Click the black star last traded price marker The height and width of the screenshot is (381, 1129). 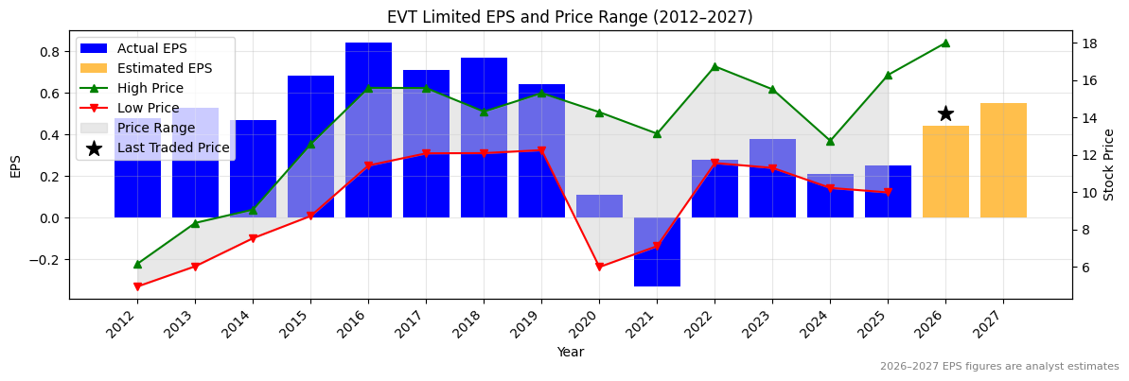coord(945,113)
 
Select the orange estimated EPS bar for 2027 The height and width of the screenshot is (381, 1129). coord(1003,161)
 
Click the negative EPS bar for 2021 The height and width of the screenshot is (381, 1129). coord(657,251)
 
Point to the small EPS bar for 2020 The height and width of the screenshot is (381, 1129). coord(599,206)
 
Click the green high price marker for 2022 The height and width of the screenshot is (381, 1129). coord(714,67)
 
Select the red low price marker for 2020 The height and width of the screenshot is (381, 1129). coord(599,268)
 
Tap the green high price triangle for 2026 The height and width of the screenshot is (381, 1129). coord(945,43)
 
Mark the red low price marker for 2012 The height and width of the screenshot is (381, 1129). coord(137,286)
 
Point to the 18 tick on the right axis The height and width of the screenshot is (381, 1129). coord(1089,43)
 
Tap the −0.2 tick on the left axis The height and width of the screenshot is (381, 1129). coord(45,260)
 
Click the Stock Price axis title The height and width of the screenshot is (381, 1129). coord(1109,165)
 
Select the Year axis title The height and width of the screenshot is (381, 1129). coord(570,353)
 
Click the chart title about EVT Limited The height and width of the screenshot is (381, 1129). coord(570,17)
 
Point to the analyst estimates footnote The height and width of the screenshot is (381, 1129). coord(999,367)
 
